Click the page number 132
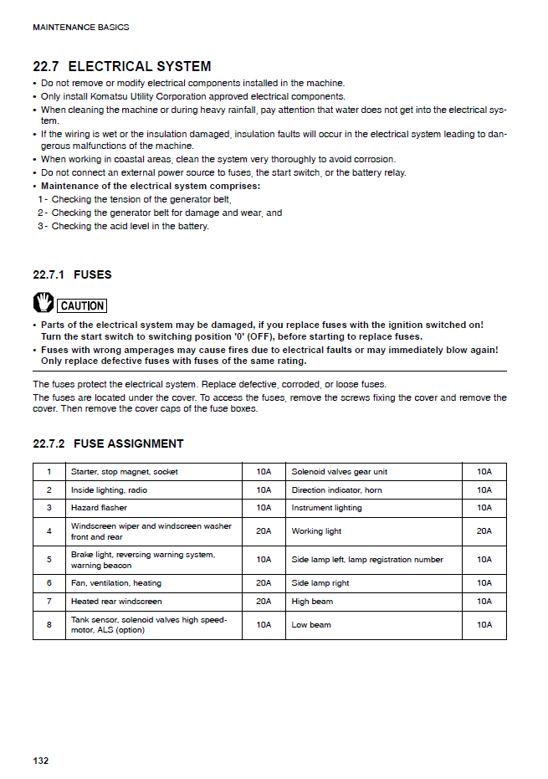41,760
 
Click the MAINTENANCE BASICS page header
80,28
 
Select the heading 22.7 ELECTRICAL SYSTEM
121,66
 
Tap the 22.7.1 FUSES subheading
72,274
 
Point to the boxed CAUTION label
82,305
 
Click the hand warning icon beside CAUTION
44,303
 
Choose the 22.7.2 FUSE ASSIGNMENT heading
108,443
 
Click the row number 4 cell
49,531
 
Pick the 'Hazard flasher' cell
100,508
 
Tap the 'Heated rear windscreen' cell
116,602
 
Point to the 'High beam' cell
311,602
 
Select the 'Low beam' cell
310,625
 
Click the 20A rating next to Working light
484,531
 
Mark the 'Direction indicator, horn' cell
336,490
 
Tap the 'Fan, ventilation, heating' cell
116,583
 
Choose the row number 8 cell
49,625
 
